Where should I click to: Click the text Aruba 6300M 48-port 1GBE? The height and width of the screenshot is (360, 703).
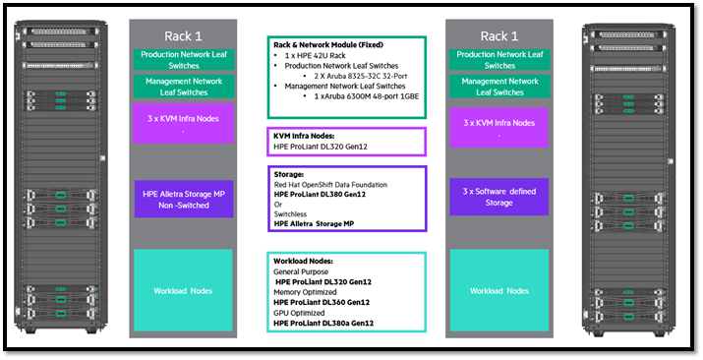(x=355, y=94)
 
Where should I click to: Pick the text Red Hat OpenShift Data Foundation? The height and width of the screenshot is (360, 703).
(x=331, y=184)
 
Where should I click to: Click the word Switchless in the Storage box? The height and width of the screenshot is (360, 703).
(x=292, y=213)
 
